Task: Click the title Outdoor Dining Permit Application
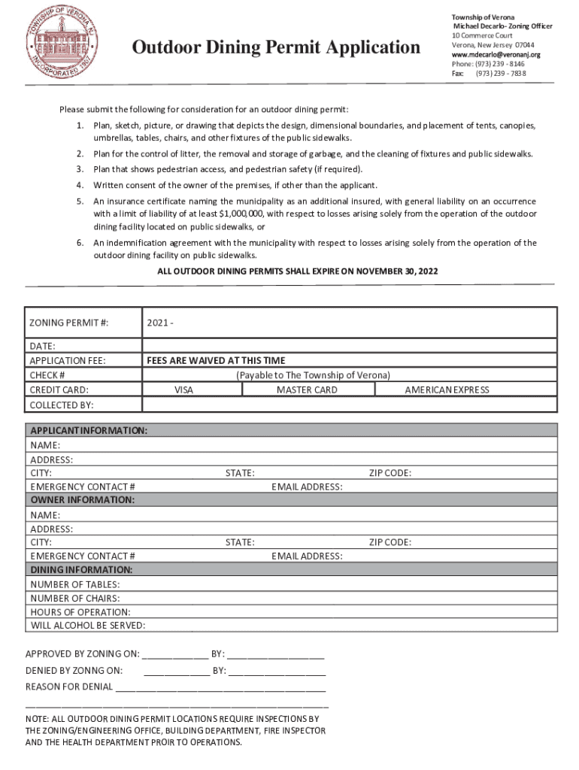[x=276, y=48]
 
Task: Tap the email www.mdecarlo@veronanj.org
[x=496, y=55]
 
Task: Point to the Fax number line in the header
[x=488, y=74]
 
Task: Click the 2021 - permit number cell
[x=161, y=323]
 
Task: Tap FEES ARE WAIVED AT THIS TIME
[x=216, y=360]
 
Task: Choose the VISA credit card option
[x=183, y=390]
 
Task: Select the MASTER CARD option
[x=307, y=390]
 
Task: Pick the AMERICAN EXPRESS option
[x=447, y=390]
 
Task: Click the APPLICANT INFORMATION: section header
[x=88, y=430]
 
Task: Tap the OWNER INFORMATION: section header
[x=82, y=500]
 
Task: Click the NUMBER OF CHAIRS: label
[x=75, y=598]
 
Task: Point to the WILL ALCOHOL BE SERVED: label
[x=88, y=626]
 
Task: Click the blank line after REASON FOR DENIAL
[x=220, y=687]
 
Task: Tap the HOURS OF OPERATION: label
[x=80, y=612]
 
